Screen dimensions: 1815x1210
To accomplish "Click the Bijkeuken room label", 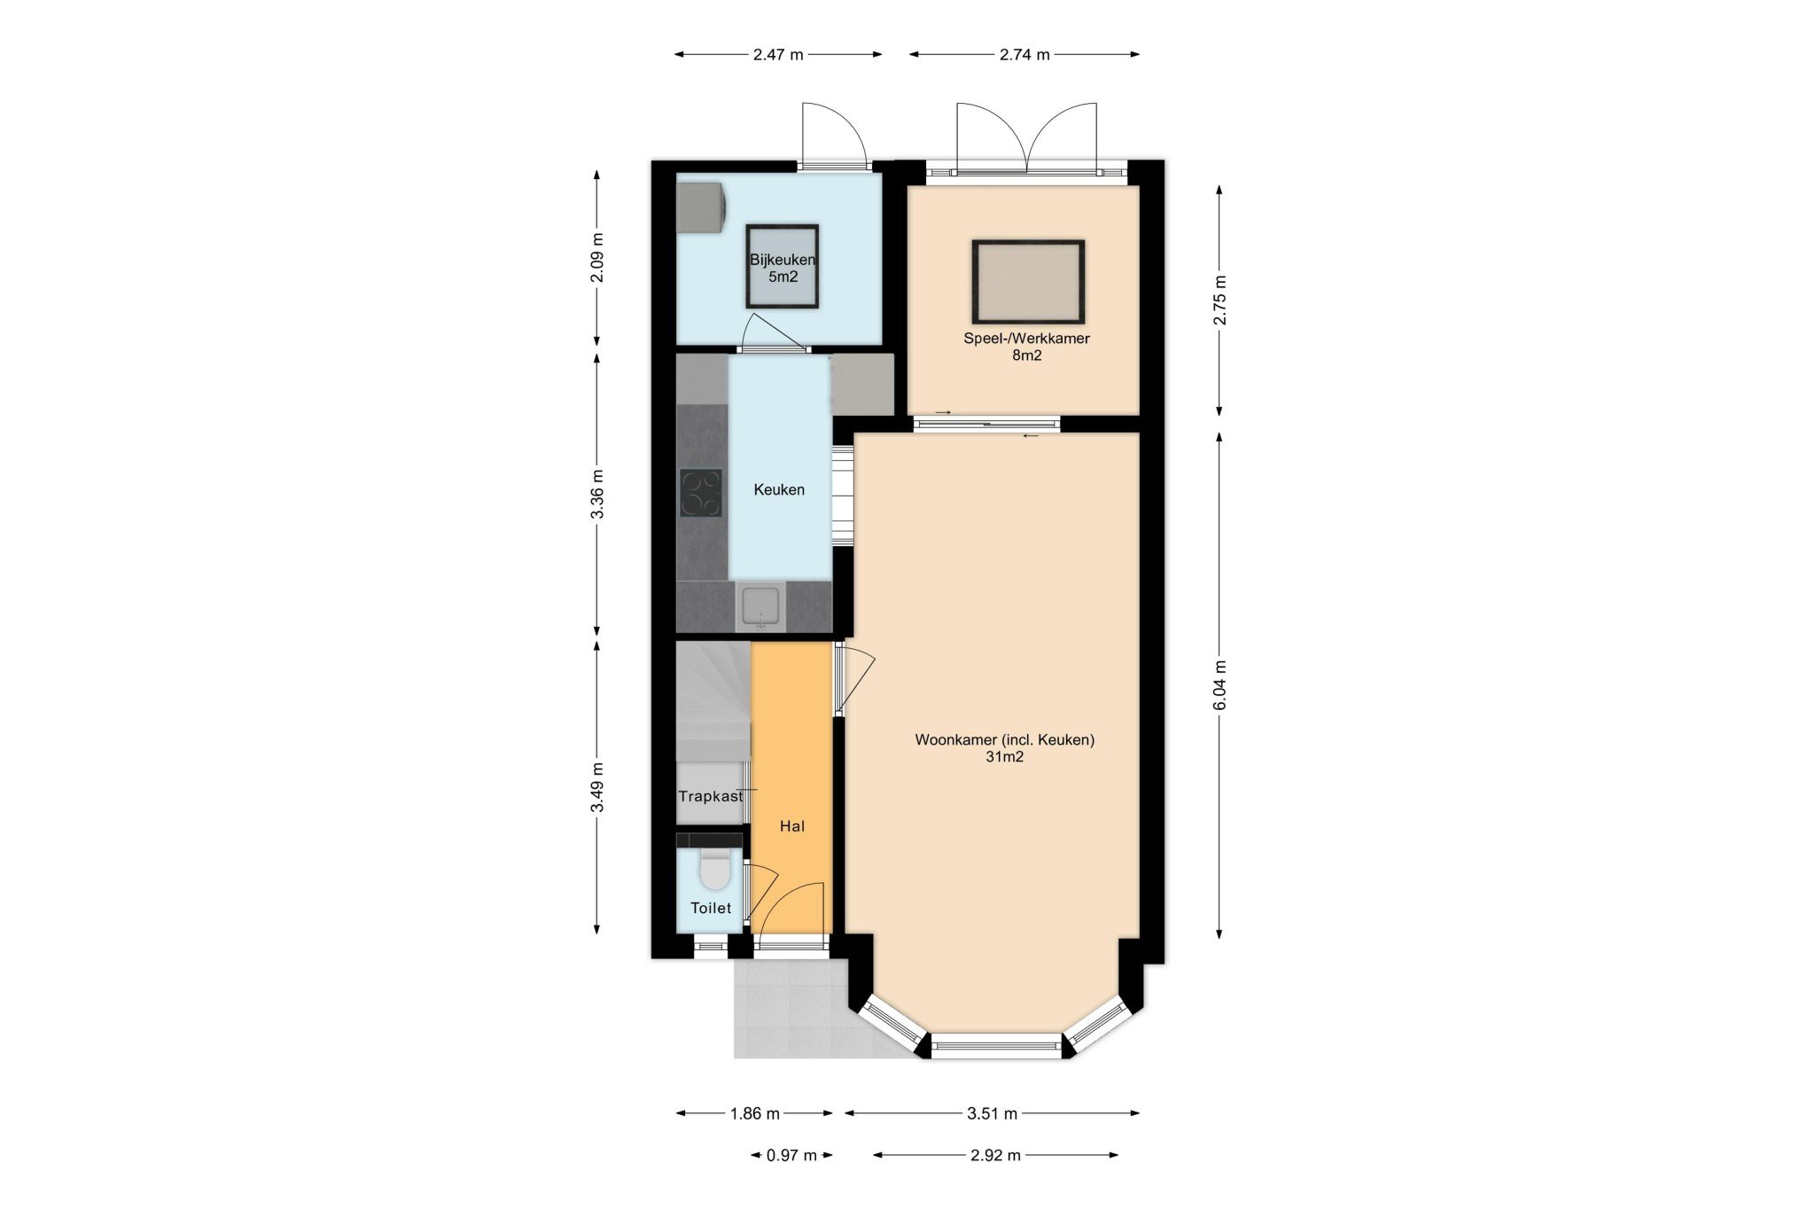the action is click(x=783, y=261).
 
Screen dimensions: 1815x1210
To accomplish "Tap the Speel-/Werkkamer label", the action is click(x=1026, y=339).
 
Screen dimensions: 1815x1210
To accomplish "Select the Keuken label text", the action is click(x=779, y=489).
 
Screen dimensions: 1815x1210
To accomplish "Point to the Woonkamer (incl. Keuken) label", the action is click(x=1005, y=739).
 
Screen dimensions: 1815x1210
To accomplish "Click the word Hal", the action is click(x=792, y=826).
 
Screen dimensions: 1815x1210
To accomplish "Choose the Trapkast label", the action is click(x=711, y=796).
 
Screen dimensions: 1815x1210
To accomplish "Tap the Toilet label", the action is click(x=711, y=908).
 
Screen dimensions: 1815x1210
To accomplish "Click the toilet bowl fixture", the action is click(x=714, y=870).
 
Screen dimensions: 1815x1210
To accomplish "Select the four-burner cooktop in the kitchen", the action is click(x=701, y=493).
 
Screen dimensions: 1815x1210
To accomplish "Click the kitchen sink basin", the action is click(x=761, y=606).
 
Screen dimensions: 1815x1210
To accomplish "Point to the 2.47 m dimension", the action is click(x=778, y=54).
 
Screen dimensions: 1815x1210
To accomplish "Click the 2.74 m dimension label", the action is click(x=1024, y=54).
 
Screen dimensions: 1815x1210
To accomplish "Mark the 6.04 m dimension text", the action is click(x=1220, y=685).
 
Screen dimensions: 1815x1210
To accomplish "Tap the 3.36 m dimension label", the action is click(x=598, y=494).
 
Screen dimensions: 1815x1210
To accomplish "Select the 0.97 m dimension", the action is click(x=791, y=1155).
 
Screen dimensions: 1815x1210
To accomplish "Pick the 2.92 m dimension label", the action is click(x=995, y=1155).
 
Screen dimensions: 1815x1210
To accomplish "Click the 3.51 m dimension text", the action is click(x=992, y=1113).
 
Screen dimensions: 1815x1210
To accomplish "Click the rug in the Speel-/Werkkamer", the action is click(x=1028, y=282).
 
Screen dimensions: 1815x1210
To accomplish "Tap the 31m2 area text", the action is click(x=1005, y=757).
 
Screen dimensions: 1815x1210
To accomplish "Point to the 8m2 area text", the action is click(x=1026, y=355).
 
